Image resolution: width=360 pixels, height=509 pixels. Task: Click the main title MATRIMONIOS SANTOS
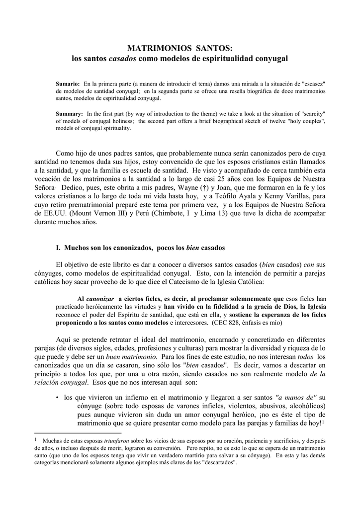[180, 48]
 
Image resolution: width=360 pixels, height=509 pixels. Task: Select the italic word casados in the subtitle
[122, 59]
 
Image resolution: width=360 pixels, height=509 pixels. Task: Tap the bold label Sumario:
[68, 84]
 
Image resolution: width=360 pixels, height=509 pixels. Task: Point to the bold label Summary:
[69, 113]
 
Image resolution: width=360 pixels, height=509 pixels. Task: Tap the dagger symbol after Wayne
[203, 187]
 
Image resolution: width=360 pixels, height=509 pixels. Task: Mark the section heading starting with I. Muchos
[140, 247]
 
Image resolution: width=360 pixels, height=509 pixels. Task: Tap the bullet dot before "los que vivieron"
[58, 398]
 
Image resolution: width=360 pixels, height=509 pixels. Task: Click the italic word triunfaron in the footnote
[121, 440]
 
